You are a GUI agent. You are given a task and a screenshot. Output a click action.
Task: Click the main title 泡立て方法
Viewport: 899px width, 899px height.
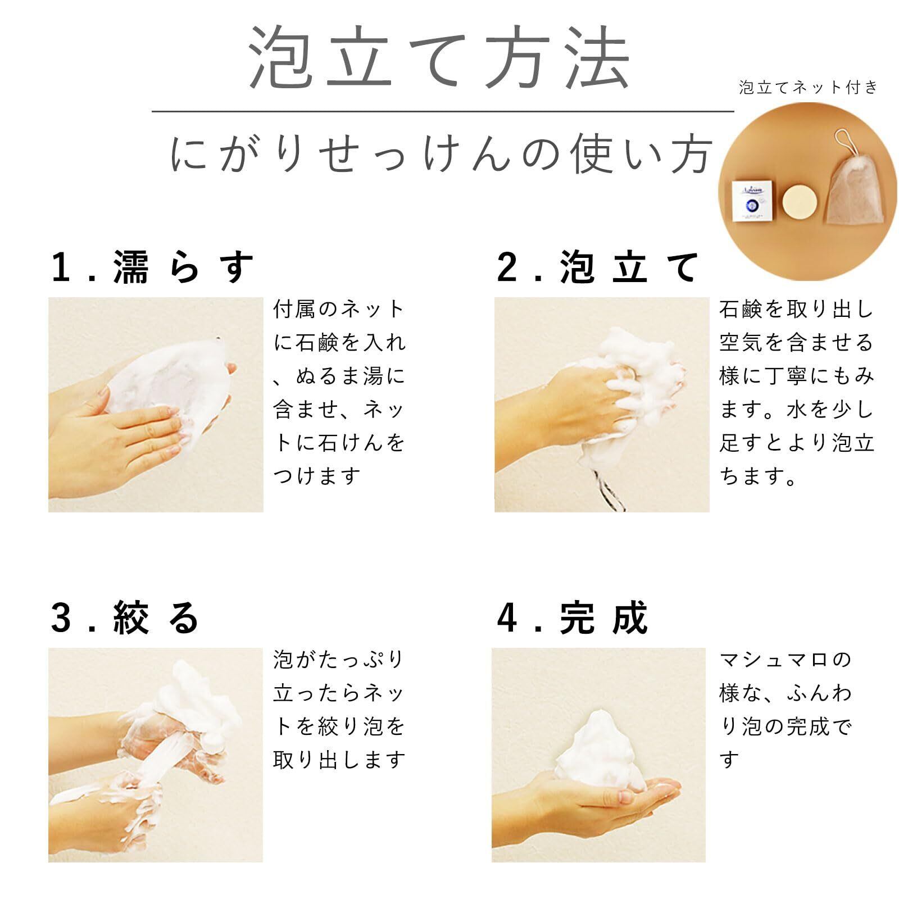pos(439,58)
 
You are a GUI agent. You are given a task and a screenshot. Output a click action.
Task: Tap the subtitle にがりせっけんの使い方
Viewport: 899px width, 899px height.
pos(442,154)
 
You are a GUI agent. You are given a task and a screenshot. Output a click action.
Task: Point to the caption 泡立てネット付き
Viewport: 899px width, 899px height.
pos(808,87)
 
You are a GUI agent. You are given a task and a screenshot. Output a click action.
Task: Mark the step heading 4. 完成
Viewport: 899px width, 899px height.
pos(573,618)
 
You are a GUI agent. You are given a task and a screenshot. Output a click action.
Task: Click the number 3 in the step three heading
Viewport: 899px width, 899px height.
pos(61,618)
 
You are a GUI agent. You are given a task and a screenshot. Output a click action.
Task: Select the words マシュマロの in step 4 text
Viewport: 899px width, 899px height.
pos(786,660)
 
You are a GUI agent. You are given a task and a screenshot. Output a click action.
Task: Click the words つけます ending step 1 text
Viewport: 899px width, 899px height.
pos(317,476)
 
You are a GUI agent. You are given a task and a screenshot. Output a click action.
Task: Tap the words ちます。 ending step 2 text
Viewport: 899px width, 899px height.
pos(758,476)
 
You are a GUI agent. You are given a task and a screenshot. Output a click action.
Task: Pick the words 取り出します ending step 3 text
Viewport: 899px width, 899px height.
pos(339,760)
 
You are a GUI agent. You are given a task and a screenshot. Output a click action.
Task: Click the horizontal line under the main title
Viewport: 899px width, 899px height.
pos(443,111)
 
